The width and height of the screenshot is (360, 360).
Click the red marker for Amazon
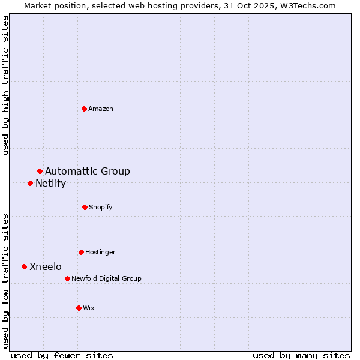(85, 109)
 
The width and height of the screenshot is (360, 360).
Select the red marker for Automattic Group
(40, 172)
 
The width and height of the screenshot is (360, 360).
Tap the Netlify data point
(30, 183)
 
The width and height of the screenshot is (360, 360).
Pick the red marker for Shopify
(85, 207)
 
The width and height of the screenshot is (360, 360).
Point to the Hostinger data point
(81, 252)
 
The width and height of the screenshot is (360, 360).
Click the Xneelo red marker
(24, 266)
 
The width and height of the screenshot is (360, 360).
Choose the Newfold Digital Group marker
(67, 278)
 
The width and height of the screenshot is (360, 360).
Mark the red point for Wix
(79, 308)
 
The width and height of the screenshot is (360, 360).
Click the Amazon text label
(101, 109)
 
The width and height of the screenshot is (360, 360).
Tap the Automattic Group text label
(88, 172)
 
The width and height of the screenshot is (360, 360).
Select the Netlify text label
(50, 184)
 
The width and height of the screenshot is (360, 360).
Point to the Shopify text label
(101, 207)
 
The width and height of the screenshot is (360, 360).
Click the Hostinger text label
(100, 252)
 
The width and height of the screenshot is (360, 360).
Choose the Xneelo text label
(46, 266)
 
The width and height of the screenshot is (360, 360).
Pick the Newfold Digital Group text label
(106, 278)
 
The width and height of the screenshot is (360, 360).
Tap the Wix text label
(89, 308)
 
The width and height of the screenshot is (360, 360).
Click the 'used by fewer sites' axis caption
(62, 355)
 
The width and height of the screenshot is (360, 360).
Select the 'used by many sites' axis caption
(301, 355)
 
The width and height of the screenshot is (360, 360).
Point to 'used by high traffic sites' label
(6, 85)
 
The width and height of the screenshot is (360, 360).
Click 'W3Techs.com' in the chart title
(308, 5)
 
